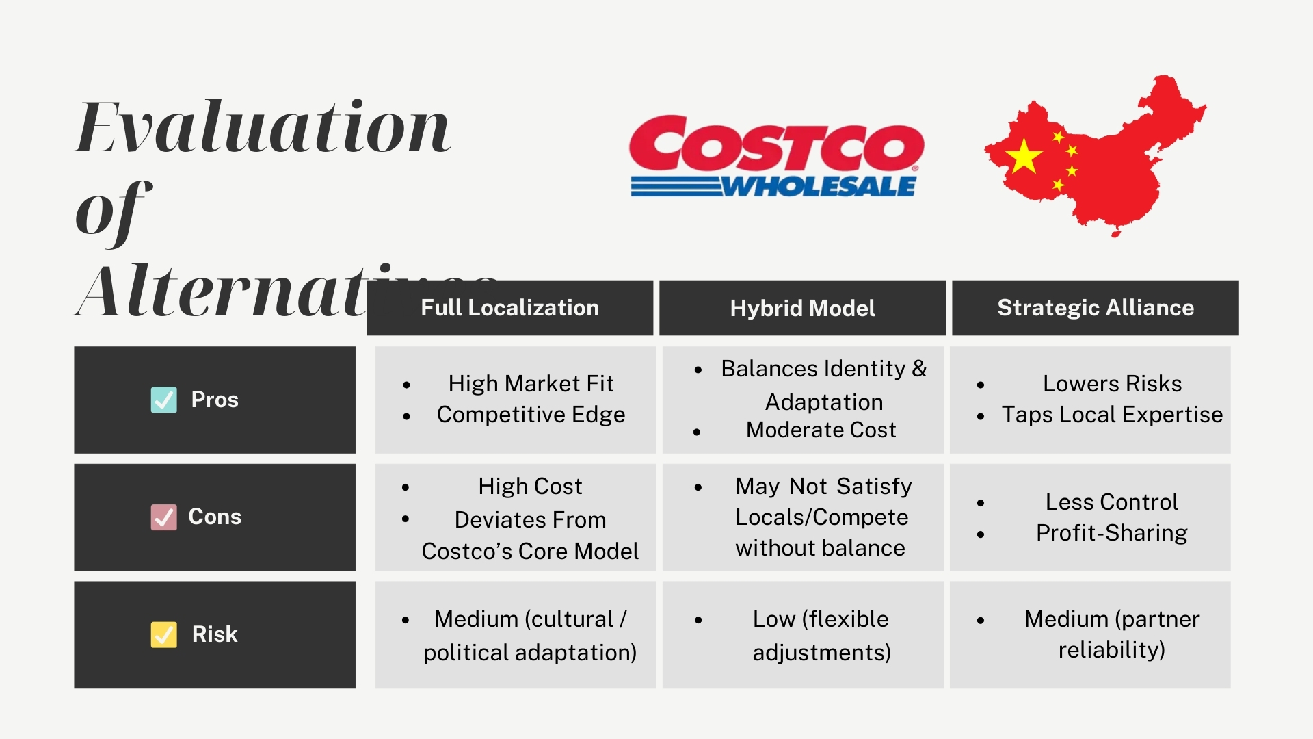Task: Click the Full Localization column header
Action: point(509,308)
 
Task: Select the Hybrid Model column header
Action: point(802,308)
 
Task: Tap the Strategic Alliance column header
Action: point(1095,308)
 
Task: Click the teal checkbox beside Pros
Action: point(164,400)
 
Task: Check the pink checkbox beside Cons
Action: point(164,517)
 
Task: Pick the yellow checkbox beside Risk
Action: point(164,634)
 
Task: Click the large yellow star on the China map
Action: point(1024,156)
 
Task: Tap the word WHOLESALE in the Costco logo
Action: point(819,186)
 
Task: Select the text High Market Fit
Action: point(531,383)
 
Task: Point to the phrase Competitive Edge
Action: point(531,415)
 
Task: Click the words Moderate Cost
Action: point(821,430)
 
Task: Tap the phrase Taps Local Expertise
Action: point(1112,415)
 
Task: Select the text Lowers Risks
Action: point(1112,383)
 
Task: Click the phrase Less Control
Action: point(1112,502)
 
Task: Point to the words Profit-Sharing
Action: point(1112,533)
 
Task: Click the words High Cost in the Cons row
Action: point(530,487)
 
